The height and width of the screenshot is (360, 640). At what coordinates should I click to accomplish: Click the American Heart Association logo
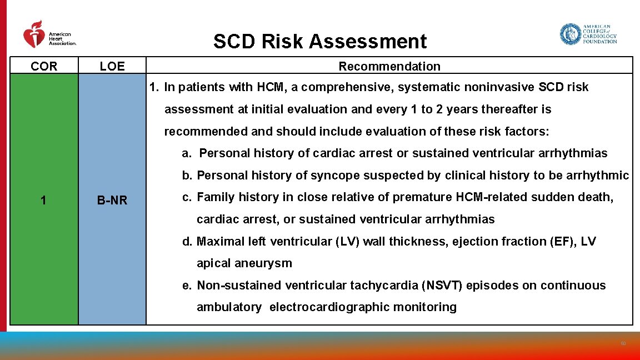[x=49, y=34]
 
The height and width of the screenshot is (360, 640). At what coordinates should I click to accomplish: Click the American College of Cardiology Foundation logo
[x=588, y=34]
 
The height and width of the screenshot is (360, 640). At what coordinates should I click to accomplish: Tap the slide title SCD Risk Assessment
[x=320, y=42]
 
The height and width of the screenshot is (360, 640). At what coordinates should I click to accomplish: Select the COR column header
[x=44, y=67]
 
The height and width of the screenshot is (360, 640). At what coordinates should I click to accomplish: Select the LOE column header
[x=112, y=67]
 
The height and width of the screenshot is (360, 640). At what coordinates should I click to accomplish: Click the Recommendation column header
[x=389, y=67]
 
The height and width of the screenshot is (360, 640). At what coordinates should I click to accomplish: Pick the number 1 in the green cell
[x=43, y=201]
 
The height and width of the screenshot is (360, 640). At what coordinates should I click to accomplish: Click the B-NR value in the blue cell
[x=112, y=201]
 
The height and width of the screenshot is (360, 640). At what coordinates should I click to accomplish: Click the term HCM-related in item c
[x=487, y=197]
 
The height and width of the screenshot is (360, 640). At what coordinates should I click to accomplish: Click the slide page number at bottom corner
[x=623, y=344]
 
